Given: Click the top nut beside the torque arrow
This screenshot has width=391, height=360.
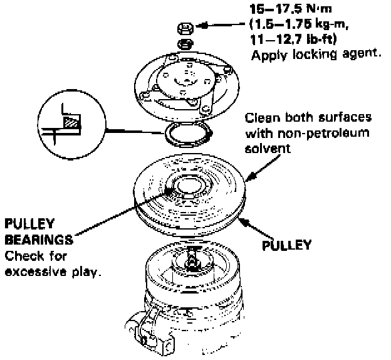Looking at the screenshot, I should click(185, 28).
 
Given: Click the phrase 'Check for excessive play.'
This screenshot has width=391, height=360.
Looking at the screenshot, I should click(53, 265).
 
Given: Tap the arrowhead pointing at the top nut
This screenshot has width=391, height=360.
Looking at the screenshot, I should click(205, 26).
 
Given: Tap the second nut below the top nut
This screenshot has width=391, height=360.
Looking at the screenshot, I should click(185, 43).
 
